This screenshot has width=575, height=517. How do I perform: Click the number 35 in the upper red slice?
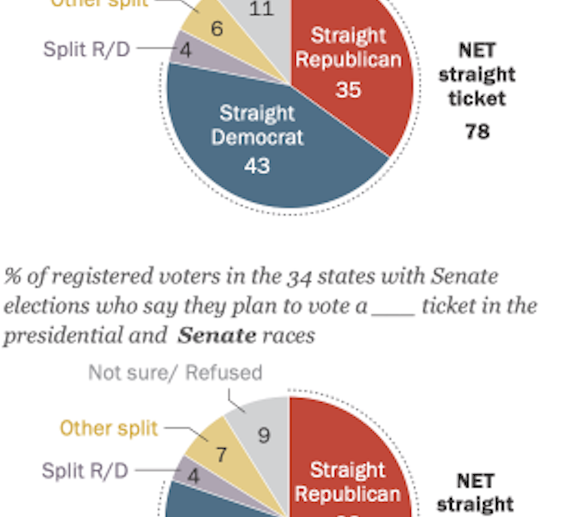[347, 89]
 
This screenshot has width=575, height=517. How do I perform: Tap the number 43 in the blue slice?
[257, 165]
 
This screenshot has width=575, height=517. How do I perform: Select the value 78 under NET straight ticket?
[477, 130]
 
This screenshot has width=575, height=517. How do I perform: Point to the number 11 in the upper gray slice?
[261, 10]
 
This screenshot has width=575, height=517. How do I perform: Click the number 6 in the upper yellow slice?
[217, 29]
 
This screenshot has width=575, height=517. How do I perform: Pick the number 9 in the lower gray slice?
[263, 434]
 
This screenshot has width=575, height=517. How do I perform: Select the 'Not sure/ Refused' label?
[175, 373]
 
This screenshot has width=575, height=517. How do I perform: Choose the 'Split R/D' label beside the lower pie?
[86, 470]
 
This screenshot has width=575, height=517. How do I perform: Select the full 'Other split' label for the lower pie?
[108, 428]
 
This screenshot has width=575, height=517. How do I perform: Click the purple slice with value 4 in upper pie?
[191, 51]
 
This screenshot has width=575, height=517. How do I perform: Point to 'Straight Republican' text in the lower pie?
[347, 482]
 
